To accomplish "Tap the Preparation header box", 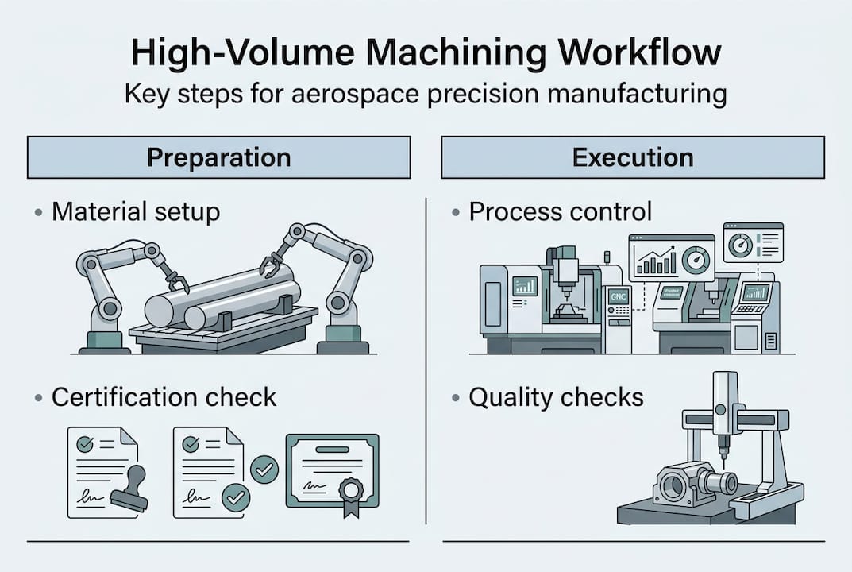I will (218, 157).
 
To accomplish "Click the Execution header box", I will (632, 157).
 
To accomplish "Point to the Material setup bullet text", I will (135, 212).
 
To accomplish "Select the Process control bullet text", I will (560, 211).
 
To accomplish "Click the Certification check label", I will (164, 397).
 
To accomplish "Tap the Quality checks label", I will (556, 396).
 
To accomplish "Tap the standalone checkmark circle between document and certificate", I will (264, 470).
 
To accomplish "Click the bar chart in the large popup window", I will (655, 261).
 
